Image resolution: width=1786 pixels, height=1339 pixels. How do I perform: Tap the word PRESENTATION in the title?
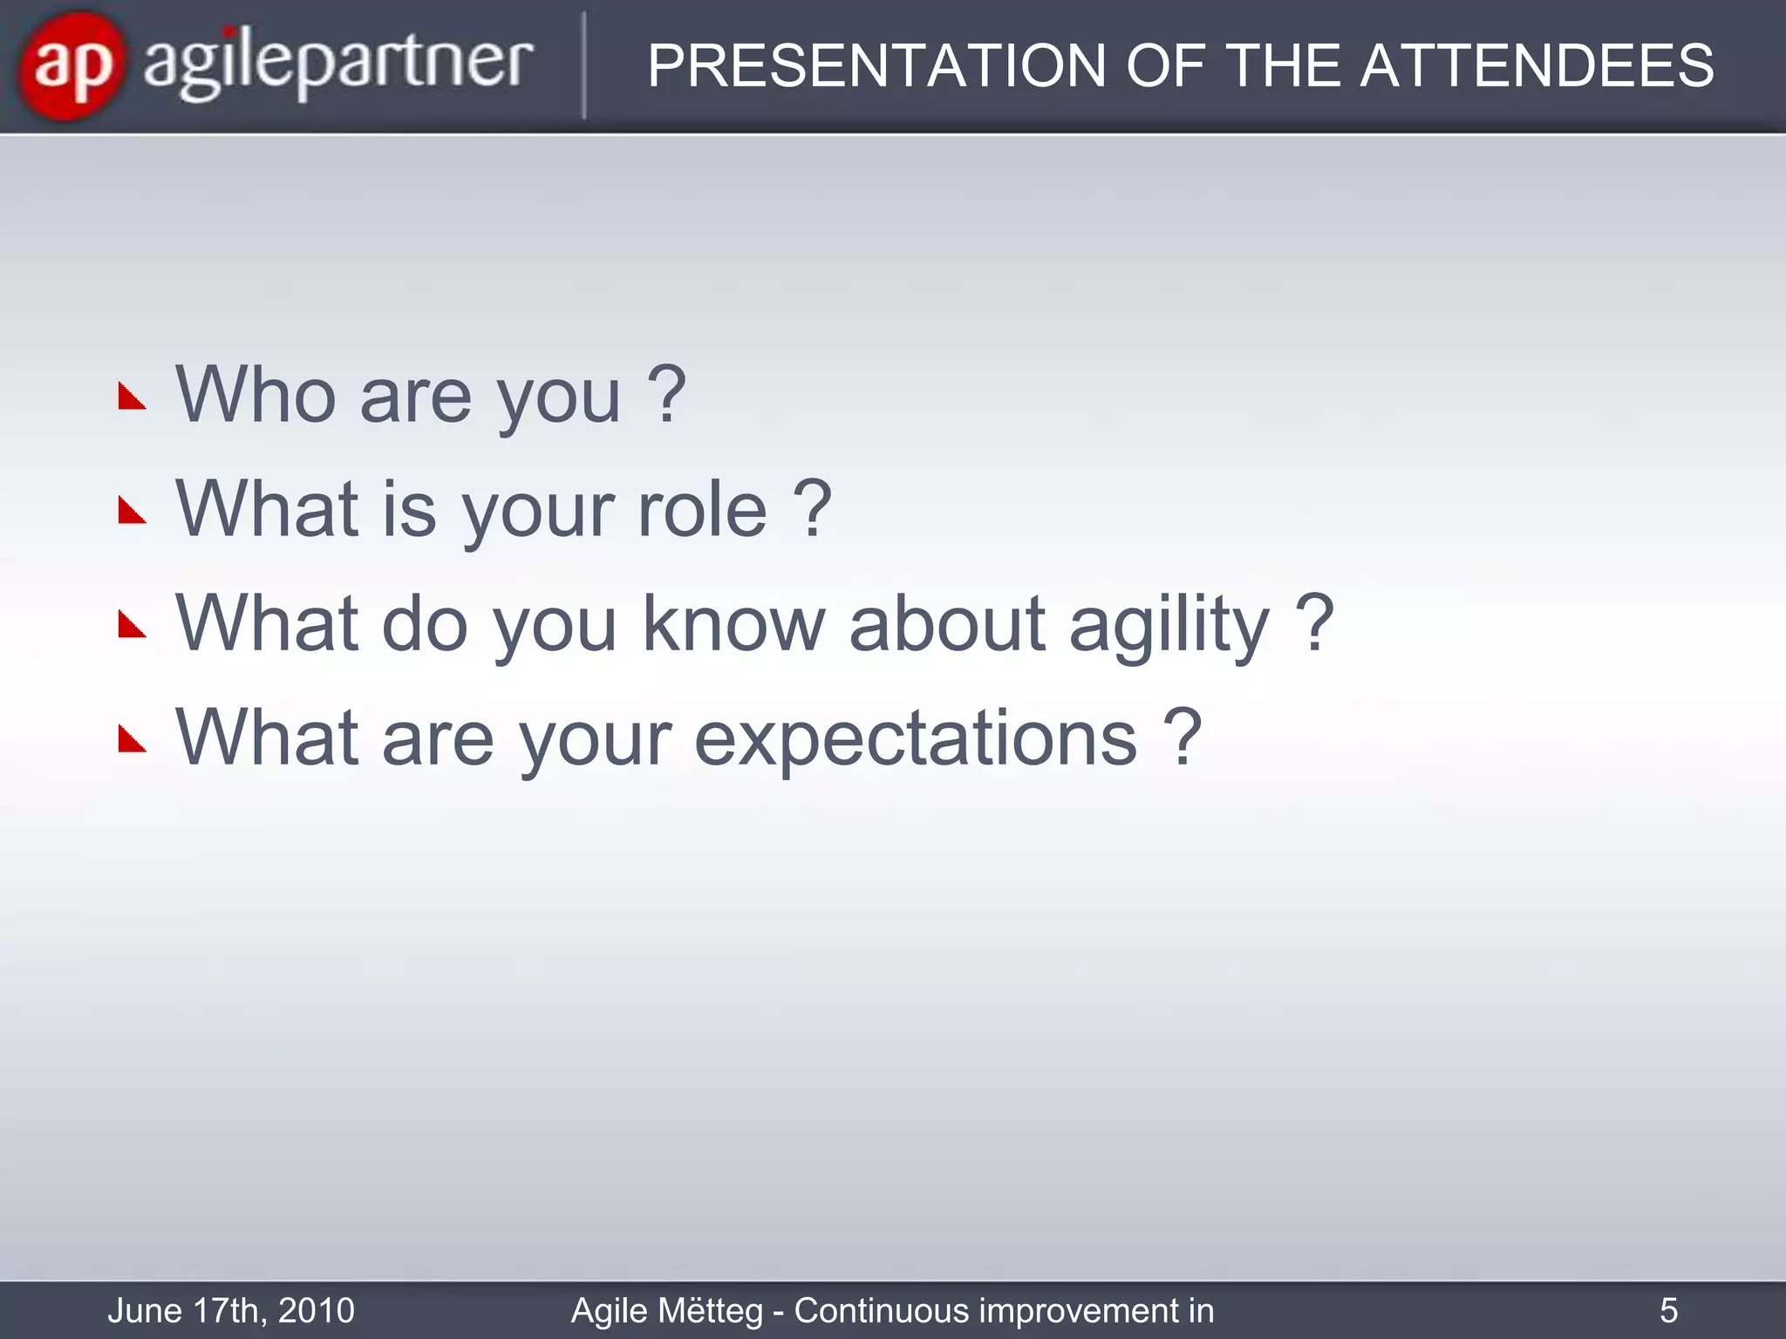click(x=876, y=66)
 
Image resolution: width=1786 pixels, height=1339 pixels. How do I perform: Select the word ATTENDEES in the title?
click(x=1537, y=66)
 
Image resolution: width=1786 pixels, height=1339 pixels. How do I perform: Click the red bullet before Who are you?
click(x=132, y=398)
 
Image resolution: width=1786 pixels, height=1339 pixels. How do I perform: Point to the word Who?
click(x=256, y=395)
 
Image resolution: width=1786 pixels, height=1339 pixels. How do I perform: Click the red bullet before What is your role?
click(x=132, y=512)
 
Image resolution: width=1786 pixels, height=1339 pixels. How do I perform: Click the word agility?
click(x=1169, y=626)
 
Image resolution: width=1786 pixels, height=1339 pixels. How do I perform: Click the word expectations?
click(x=916, y=739)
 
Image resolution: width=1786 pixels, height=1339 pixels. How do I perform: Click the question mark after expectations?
click(x=1183, y=737)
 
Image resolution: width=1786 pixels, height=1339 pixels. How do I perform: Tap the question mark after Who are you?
click(x=667, y=395)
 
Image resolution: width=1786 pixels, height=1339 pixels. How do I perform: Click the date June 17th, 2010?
click(x=231, y=1310)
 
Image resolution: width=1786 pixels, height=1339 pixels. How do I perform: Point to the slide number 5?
click(x=1668, y=1310)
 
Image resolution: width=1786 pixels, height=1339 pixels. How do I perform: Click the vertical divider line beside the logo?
click(x=583, y=66)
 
